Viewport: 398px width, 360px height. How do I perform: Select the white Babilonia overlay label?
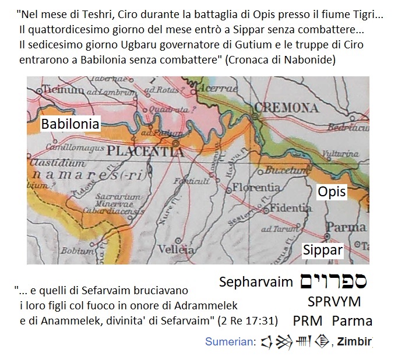coord(70,124)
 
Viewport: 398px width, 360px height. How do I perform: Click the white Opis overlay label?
coord(332,192)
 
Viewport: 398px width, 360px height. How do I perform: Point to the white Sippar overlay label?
coord(322,250)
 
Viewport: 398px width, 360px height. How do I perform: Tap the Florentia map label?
coord(256,188)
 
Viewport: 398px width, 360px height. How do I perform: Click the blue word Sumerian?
coord(230,342)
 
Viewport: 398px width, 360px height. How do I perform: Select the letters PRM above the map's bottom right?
coord(308,321)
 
